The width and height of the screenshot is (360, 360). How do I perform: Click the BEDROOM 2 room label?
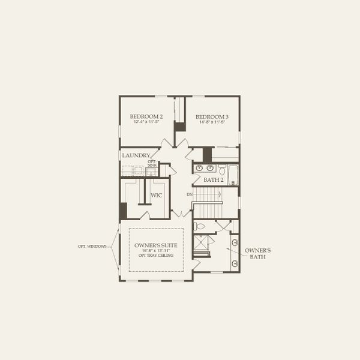point(146,116)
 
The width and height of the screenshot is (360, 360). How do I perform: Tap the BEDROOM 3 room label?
point(212,116)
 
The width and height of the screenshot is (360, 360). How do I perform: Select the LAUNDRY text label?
point(136,155)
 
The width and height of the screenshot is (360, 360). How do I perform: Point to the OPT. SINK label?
point(152,163)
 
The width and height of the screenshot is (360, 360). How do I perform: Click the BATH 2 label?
point(213,179)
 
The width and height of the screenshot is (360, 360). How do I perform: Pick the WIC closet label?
point(156,196)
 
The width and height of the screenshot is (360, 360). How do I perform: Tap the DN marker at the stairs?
point(189,194)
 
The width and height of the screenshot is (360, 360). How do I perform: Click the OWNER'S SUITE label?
point(155,245)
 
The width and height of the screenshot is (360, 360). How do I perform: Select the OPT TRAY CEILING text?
point(155,255)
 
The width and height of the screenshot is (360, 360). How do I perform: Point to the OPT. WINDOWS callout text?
point(92,246)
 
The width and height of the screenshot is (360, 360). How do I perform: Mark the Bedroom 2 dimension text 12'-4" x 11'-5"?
point(146,122)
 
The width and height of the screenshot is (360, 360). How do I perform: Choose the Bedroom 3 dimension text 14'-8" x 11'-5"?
point(212,122)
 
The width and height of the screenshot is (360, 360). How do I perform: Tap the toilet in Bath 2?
point(221,168)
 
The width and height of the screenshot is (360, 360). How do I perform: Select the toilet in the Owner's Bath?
point(200,227)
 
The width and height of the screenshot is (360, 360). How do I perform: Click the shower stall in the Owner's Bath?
point(202,245)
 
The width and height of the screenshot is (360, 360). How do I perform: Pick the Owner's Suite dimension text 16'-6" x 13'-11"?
point(155,250)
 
